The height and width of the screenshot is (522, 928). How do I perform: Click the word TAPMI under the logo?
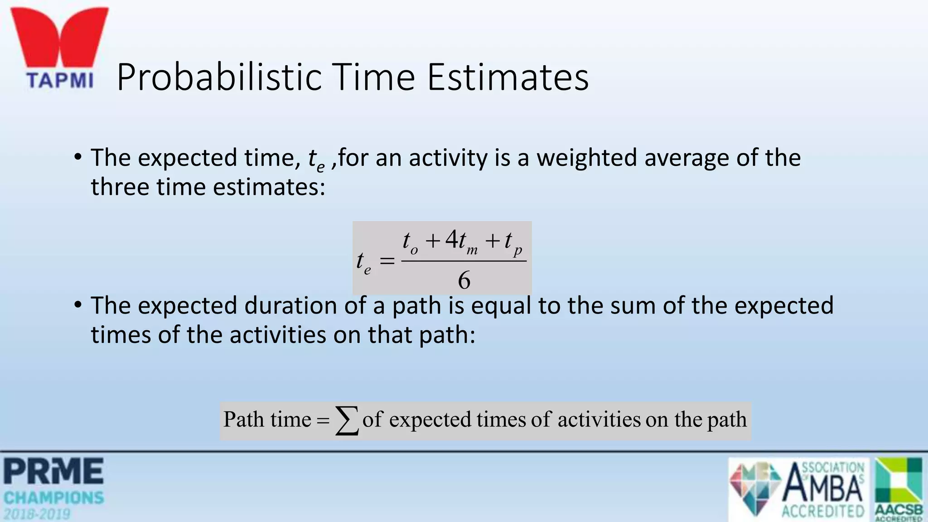pos(59,81)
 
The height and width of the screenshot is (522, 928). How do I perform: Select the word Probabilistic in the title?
pos(219,77)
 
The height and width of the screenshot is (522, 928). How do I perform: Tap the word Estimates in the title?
pos(507,77)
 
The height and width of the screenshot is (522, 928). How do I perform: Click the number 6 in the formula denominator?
pos(464,280)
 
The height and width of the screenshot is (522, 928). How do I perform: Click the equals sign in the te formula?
pos(387,261)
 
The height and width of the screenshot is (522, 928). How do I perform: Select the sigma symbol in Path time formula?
pos(347,420)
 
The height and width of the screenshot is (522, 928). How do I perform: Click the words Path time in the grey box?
pos(267,419)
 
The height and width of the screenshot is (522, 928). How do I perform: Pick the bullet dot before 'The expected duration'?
pos(78,304)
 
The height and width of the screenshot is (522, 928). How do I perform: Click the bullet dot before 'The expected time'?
pos(78,157)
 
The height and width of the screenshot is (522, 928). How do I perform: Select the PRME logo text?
pos(53,471)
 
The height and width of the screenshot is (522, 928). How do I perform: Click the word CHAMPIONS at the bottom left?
pos(53,498)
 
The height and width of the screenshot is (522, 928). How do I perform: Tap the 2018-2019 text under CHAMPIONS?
pos(37,514)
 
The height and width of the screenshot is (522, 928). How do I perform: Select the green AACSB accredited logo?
pos(899,488)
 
